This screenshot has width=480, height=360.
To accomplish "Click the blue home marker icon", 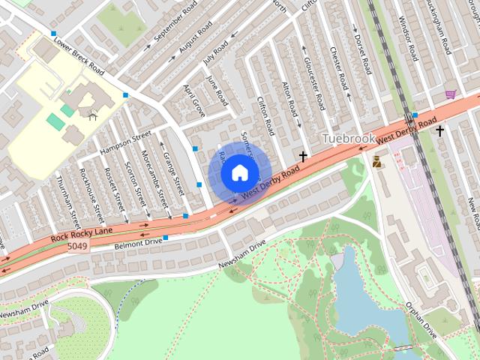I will pos(238,172).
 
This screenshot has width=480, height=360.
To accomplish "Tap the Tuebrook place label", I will pos(347,139).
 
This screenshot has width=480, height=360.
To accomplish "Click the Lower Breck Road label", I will pos(78,57).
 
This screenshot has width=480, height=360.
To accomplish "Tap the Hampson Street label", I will pos(126,144).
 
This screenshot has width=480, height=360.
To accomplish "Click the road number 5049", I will pos(76,246).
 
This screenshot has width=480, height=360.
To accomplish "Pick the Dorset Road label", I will pos(363,52).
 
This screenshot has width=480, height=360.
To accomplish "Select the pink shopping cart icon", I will pos(451,94).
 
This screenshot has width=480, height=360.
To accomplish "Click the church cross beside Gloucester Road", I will pos(304,157).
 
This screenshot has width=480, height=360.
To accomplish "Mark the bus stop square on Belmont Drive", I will pos(165,238).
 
